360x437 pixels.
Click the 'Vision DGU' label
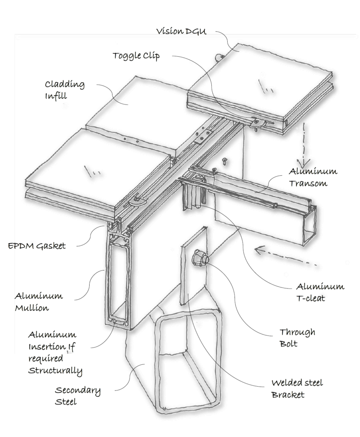click(x=181, y=32)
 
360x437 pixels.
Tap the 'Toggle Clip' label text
click(x=136, y=56)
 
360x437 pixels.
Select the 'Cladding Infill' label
click(x=64, y=90)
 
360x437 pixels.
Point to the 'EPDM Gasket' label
click(x=36, y=246)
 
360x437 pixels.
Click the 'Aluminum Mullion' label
click(x=39, y=302)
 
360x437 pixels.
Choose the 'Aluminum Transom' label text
click(x=313, y=177)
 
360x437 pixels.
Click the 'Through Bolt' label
click(x=297, y=338)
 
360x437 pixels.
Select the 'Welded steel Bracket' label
click(x=297, y=388)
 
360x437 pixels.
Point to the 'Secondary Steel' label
click(x=78, y=396)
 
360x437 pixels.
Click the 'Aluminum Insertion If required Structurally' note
click(x=55, y=353)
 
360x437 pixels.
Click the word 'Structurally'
click(x=55, y=370)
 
